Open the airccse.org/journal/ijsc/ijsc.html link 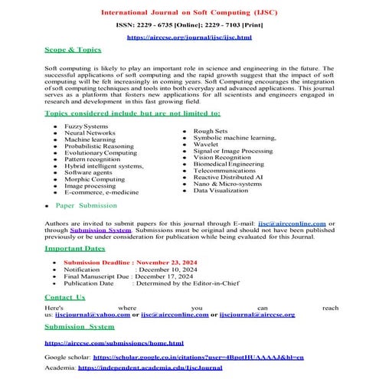click(188, 37)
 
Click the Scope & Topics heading click(73, 49)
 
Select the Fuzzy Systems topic click(87, 126)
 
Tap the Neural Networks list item click(90, 132)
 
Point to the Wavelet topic click(206, 144)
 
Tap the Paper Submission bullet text click(87, 207)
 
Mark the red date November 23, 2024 click(156, 262)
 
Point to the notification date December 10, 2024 click(166, 270)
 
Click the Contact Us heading click(65, 296)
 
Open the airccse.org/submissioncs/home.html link click(114, 343)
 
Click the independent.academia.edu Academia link click(150, 368)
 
